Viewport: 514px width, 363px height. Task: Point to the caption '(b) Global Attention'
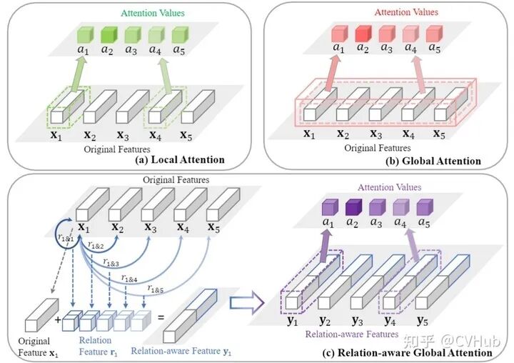[434, 161]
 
